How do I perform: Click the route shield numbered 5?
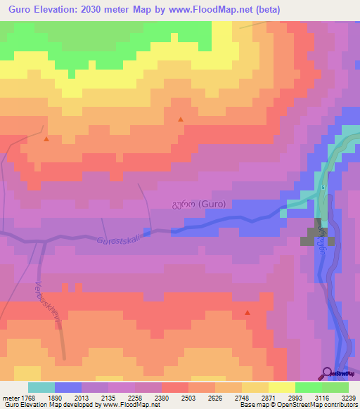pos(322,188)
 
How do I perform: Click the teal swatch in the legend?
pos(41,387)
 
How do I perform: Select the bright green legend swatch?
pos(309,387)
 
